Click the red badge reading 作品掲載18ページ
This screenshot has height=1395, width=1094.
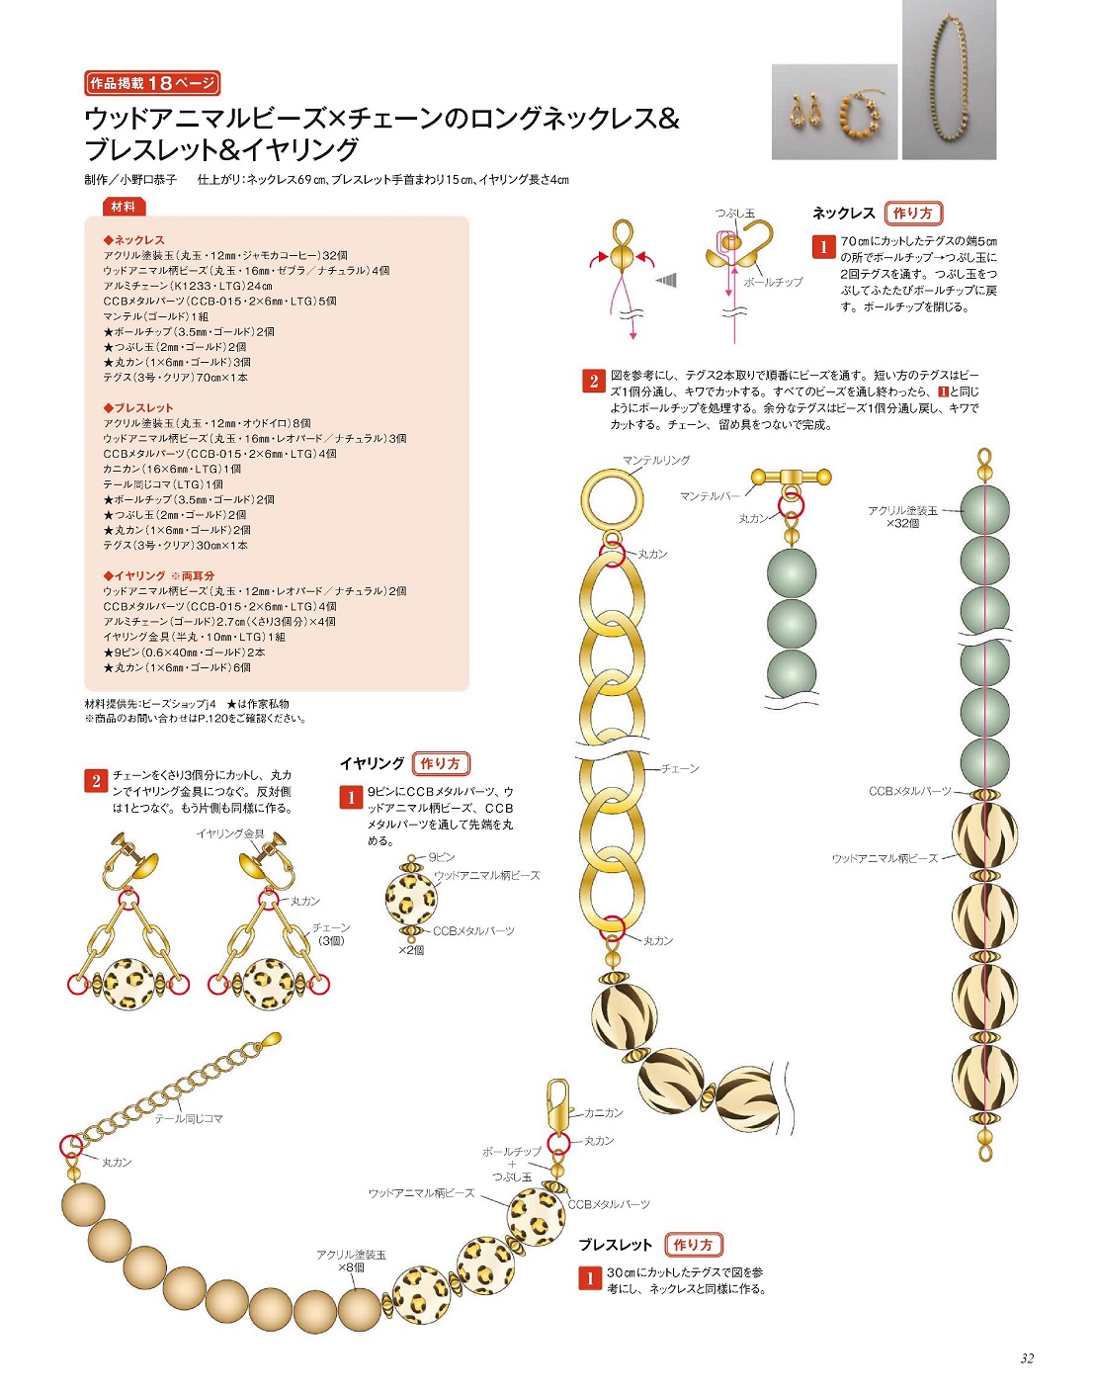[152, 83]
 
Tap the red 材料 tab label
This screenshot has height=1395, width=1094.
[124, 207]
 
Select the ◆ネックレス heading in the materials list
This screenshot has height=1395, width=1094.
[134, 240]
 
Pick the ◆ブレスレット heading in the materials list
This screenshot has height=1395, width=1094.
[138, 407]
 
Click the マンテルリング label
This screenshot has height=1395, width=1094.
[656, 461]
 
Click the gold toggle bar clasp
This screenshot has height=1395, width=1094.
[792, 477]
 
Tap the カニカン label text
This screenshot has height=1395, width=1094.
[604, 1112]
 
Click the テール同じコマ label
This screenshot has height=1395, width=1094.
[189, 1118]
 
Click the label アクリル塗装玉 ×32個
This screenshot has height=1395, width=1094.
[903, 517]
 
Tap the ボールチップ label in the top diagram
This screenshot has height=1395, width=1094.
[773, 282]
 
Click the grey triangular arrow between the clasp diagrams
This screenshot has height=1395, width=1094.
[666, 280]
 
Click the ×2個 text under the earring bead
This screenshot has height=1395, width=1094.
[411, 950]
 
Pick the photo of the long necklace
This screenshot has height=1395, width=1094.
[949, 80]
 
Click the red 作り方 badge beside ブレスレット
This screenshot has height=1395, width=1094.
[693, 1245]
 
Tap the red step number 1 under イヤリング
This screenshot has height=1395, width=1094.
[351, 798]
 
